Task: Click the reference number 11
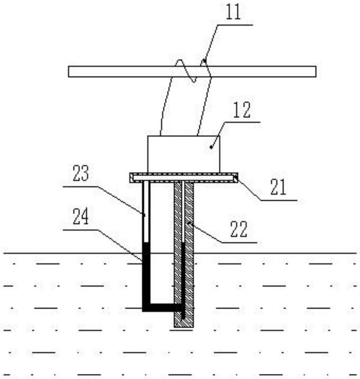(233, 12)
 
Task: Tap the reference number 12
(242, 110)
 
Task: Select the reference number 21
(278, 187)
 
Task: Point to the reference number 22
(239, 229)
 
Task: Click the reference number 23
(81, 173)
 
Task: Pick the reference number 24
(81, 217)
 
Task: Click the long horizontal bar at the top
(192, 72)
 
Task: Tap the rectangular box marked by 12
(184, 154)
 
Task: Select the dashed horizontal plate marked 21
(184, 178)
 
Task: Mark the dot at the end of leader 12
(212, 147)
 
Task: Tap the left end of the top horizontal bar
(68, 72)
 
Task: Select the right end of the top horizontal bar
(316, 72)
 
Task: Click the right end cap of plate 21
(236, 178)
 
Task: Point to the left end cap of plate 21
(131, 178)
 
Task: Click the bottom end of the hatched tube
(184, 327)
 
